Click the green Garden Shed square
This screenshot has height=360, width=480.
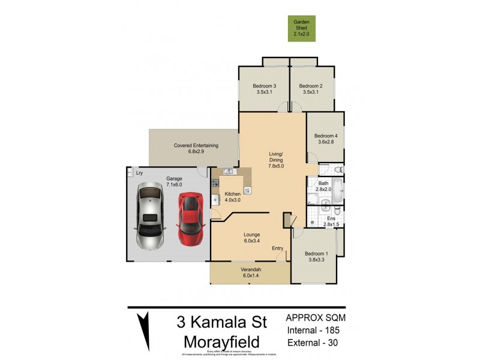point(301,27)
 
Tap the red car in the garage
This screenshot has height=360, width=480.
point(190,218)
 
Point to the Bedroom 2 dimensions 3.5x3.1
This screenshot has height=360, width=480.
point(311,92)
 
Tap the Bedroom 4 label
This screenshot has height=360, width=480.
point(326,136)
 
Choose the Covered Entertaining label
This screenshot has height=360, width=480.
point(196,145)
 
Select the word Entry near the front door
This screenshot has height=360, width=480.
point(278,248)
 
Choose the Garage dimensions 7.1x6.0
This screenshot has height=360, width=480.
point(173,185)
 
